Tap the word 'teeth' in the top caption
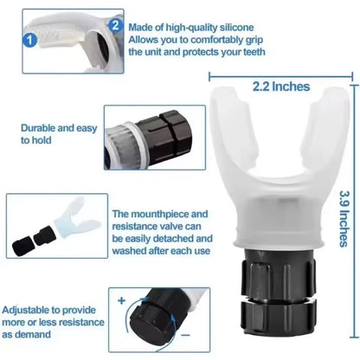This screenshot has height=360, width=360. pos(243,51)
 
